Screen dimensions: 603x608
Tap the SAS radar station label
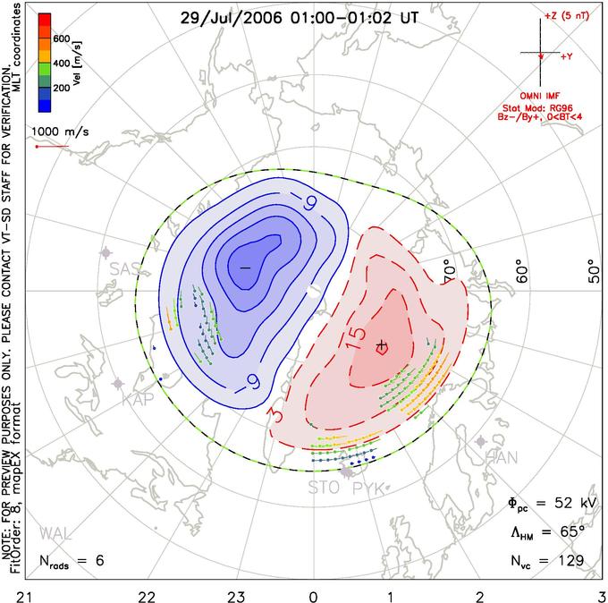click(x=123, y=268)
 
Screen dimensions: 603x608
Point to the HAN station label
click(x=501, y=458)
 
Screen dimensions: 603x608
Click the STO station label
click(x=325, y=488)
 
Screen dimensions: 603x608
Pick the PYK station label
click(x=368, y=488)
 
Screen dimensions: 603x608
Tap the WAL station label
click(x=55, y=534)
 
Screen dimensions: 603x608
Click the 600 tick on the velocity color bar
click(x=63, y=38)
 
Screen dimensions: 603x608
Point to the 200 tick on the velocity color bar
click(x=63, y=89)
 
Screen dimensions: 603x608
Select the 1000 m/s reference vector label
click(x=59, y=132)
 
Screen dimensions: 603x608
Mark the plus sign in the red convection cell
click(x=382, y=344)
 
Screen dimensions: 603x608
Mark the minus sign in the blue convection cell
click(x=243, y=268)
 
